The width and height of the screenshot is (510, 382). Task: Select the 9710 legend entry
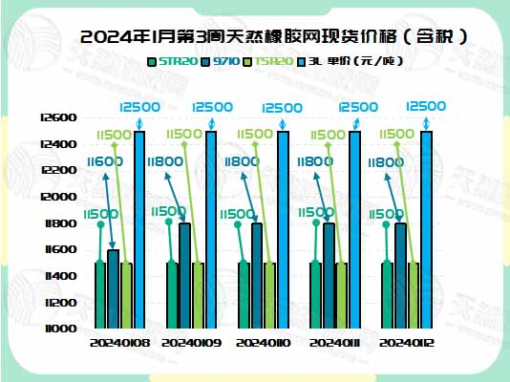pos(226,62)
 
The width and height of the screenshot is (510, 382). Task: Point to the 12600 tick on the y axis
pos(58,117)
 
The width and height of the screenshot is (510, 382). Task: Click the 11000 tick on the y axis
pos(58,329)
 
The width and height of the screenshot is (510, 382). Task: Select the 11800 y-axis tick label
pos(58,223)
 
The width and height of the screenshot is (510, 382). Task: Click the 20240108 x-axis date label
pos(119,342)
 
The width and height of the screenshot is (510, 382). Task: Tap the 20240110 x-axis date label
pos(263,342)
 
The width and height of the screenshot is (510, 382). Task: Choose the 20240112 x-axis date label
pos(406,342)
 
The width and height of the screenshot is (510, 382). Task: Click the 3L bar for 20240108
pos(139,229)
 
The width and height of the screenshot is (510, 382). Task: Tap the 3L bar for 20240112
pos(426,229)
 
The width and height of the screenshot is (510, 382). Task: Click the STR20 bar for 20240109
pos(172,295)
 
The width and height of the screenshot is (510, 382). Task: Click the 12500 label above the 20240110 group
pos(283,108)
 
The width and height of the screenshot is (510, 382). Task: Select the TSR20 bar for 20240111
pos(342,295)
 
